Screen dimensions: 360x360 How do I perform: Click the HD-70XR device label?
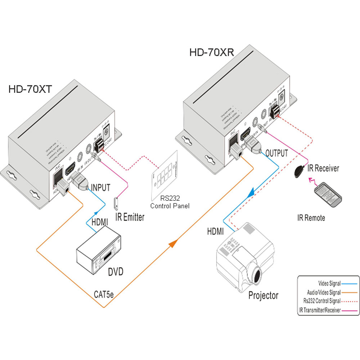(x=212, y=53)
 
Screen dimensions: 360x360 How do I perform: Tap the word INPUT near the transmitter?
(x=100, y=187)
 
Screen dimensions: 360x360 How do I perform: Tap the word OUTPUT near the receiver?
(x=276, y=153)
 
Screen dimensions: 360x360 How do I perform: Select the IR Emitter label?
(x=130, y=217)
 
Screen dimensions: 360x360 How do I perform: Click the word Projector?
(x=263, y=296)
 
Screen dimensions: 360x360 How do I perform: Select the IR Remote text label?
(x=311, y=218)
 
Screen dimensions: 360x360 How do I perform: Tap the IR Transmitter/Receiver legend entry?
(x=320, y=310)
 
